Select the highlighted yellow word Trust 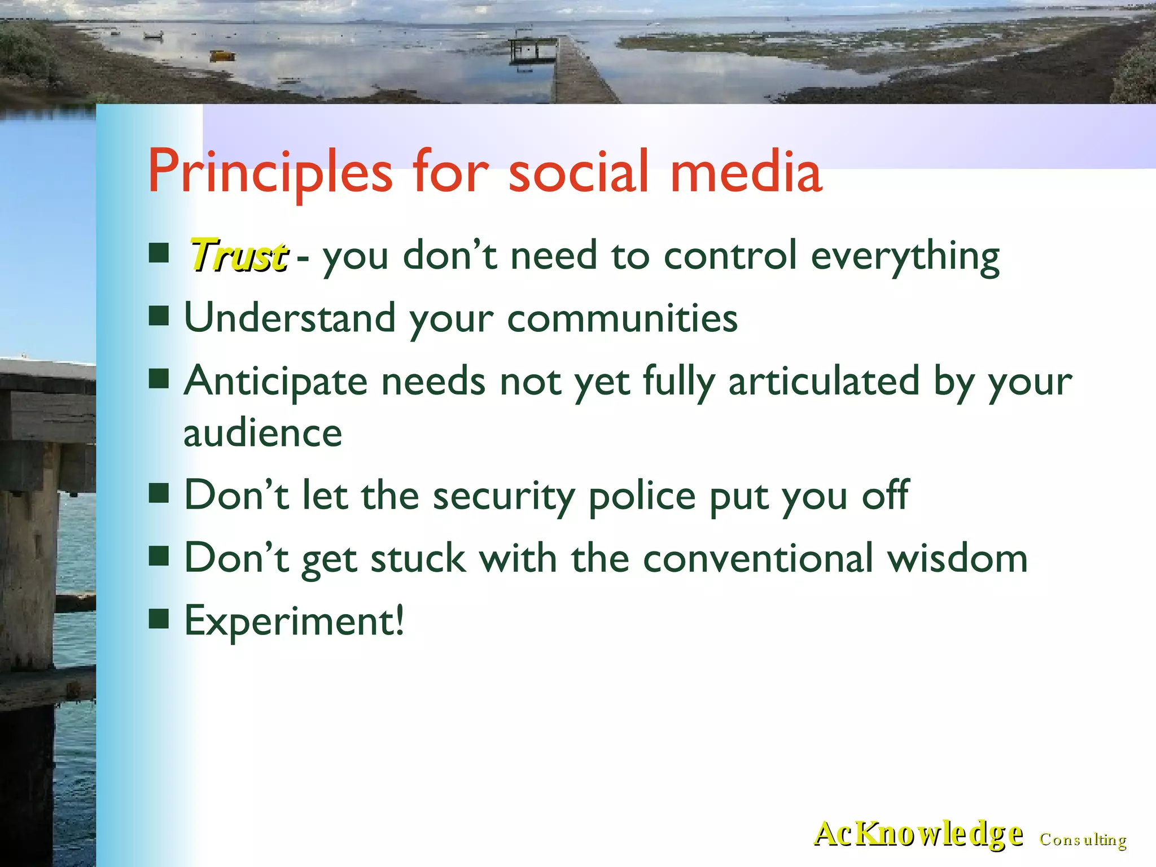[238, 256]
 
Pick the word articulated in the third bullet [824, 381]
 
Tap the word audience [262, 433]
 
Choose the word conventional [757, 558]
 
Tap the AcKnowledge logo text [918, 834]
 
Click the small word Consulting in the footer [1083, 840]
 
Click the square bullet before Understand [159, 316]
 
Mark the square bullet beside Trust [159, 253]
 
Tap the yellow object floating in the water [222, 55]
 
